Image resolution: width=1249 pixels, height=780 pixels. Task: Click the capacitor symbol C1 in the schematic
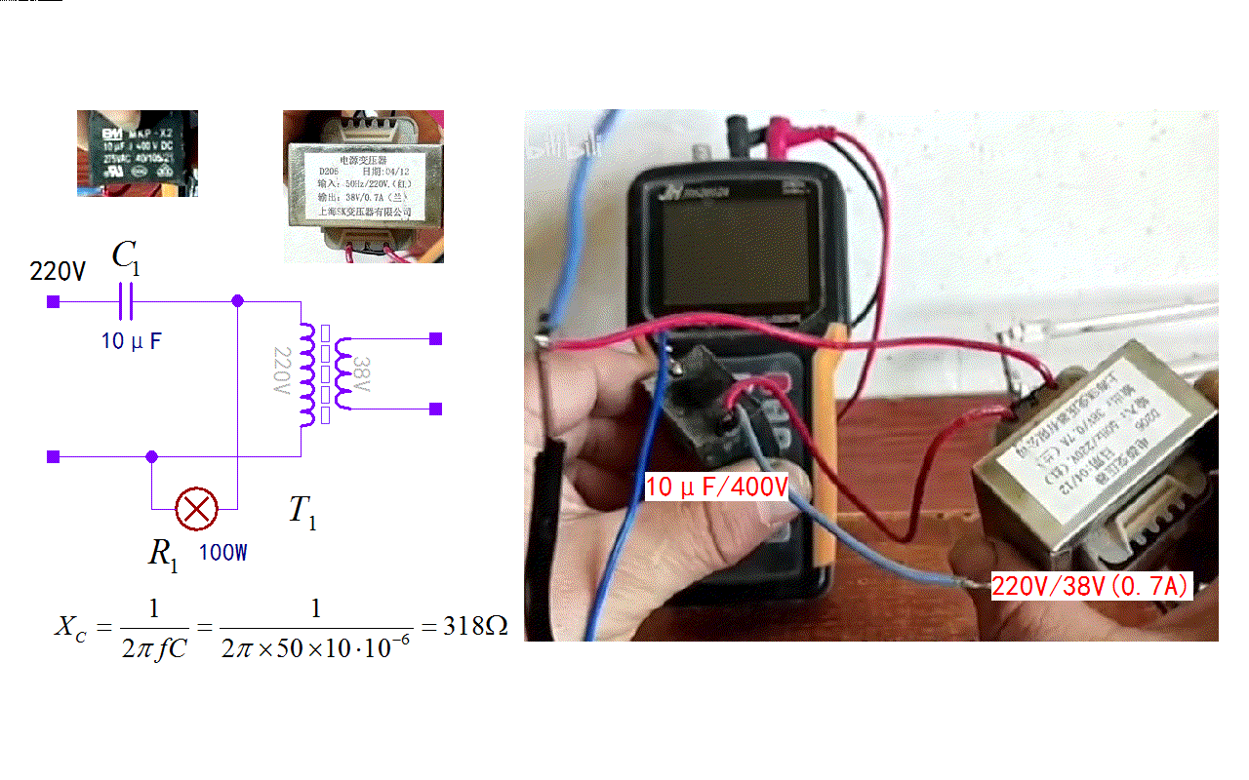[x=125, y=302]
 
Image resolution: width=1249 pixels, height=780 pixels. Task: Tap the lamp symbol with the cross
[x=195, y=508]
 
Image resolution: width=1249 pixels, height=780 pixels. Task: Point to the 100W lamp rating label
[x=223, y=553]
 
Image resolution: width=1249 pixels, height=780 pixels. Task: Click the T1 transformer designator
[x=302, y=512]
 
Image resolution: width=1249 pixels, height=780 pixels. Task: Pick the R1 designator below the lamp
[x=163, y=554]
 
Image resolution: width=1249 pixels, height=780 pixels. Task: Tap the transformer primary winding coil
[x=307, y=374]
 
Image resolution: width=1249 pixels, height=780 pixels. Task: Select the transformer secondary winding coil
[x=342, y=374]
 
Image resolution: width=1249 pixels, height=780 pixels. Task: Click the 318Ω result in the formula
[x=475, y=626]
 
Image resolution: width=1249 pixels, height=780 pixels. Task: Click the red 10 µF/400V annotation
[x=716, y=486]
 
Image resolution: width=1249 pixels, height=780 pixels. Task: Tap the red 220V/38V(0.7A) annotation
[x=1090, y=587]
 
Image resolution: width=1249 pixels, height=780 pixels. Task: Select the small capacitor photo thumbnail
[x=138, y=153]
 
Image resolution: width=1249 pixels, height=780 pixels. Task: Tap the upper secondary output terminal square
[x=436, y=339]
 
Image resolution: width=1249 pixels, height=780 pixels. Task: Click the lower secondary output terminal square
[x=436, y=409]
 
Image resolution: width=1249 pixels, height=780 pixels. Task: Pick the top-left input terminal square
[x=54, y=302]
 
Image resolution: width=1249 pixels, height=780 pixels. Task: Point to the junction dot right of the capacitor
[x=237, y=302]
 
